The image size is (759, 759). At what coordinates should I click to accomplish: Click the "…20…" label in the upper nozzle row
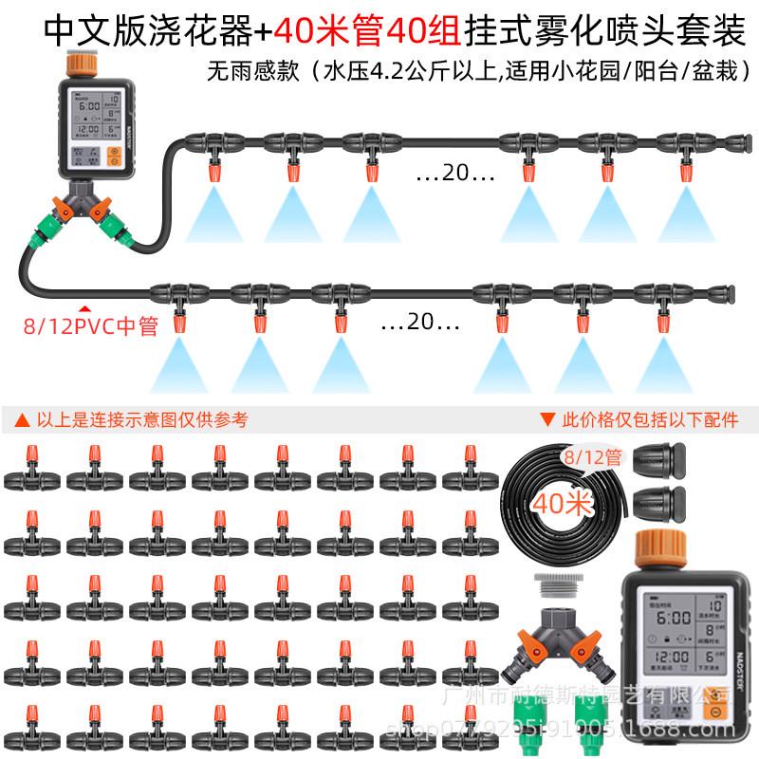coord(456,175)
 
